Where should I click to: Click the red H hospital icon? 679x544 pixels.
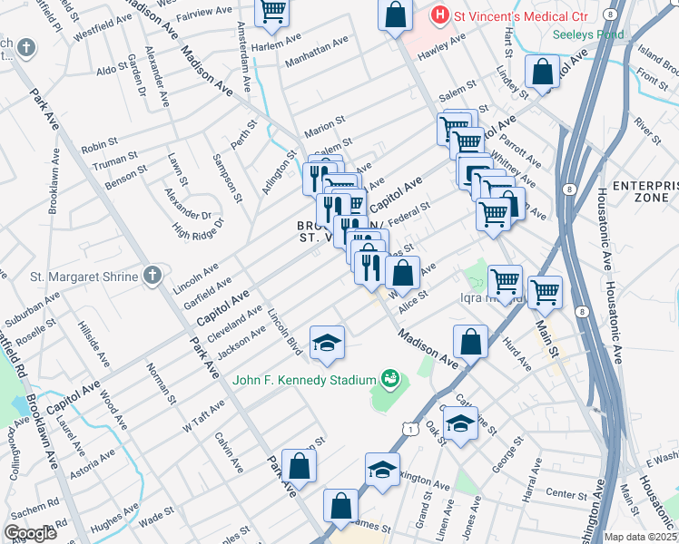[x=440, y=15]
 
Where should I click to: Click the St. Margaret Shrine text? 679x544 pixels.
[x=84, y=276]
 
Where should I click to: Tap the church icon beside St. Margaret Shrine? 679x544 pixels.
[x=153, y=275]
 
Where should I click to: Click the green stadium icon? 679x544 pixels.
[x=391, y=377]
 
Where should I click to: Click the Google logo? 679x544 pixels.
[x=29, y=533]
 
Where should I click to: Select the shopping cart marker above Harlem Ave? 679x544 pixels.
[x=271, y=11]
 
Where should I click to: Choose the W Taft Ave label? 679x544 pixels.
[x=203, y=414]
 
